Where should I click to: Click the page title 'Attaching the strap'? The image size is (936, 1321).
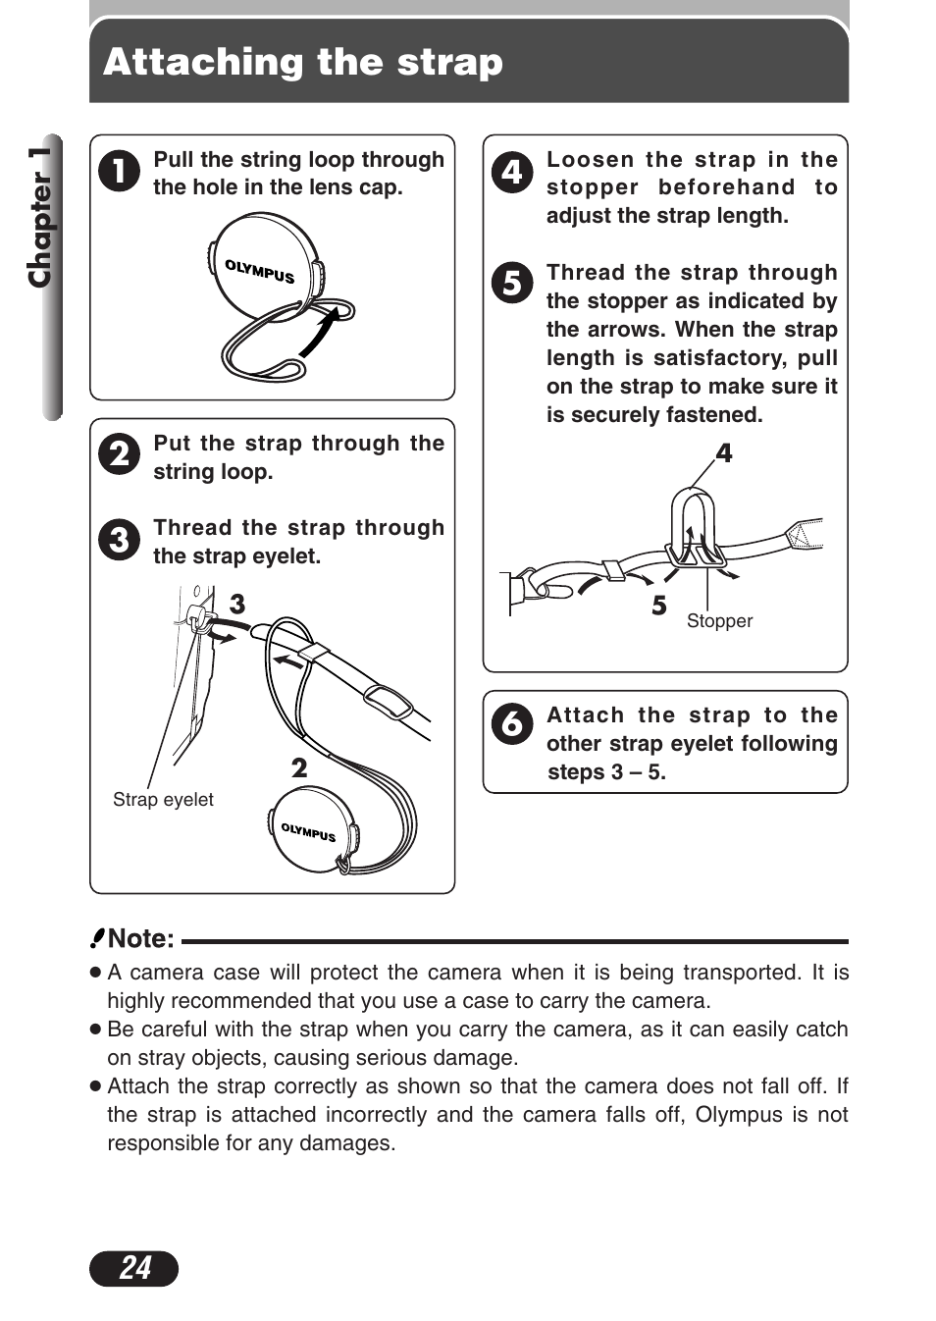(x=302, y=62)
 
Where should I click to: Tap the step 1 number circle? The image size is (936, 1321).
(x=119, y=171)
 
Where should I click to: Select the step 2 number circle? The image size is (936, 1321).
(x=119, y=454)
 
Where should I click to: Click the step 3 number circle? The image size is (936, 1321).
(x=119, y=539)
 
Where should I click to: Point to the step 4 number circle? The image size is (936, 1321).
(x=512, y=172)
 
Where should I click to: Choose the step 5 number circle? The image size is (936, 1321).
(x=512, y=283)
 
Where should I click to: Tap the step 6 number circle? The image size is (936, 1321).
(x=512, y=724)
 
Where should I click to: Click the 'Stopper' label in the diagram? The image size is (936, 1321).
(x=719, y=621)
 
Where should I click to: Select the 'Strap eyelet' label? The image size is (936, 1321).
(x=163, y=800)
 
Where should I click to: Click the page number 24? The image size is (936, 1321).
(x=134, y=1268)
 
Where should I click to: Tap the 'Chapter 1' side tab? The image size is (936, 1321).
(x=41, y=218)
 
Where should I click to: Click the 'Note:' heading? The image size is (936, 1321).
(x=140, y=939)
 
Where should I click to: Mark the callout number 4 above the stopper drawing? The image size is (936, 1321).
(x=724, y=453)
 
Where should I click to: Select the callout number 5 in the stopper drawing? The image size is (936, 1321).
(x=659, y=606)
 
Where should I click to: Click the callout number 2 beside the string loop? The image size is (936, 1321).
(x=299, y=767)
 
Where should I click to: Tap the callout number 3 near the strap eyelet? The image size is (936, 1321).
(x=237, y=604)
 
